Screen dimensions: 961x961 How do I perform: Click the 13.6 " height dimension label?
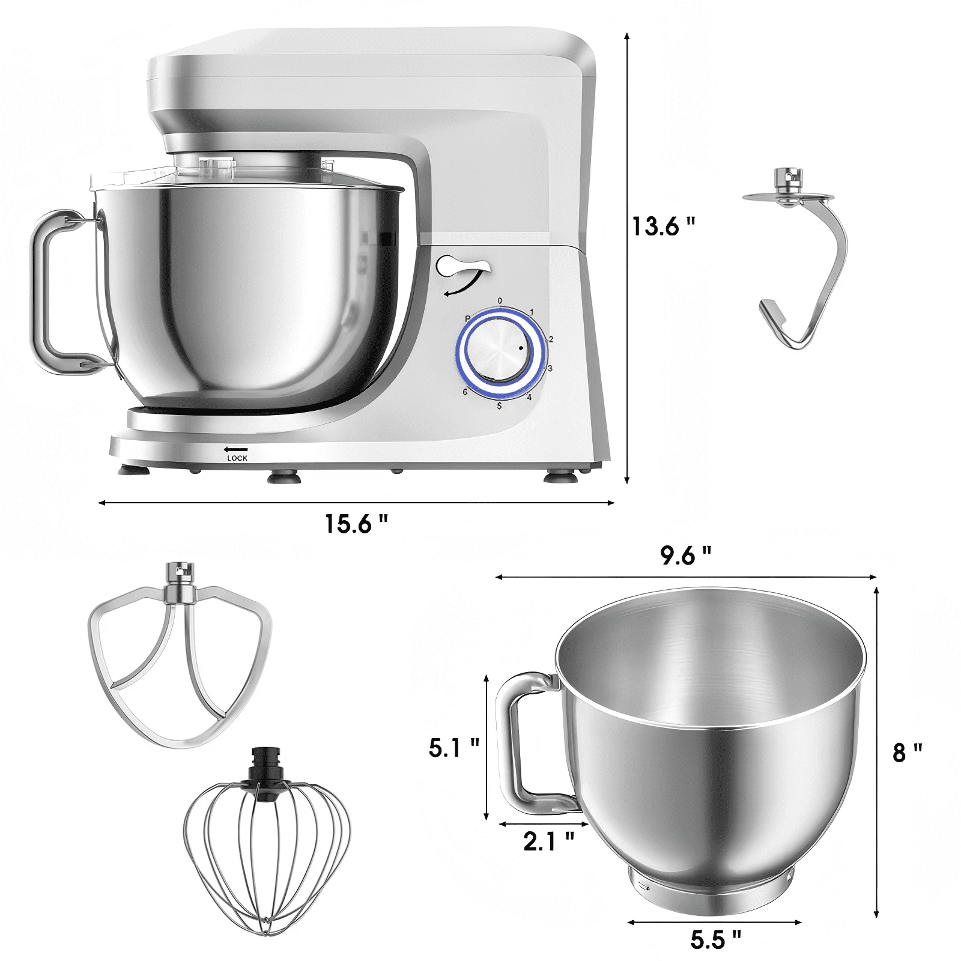pyautogui.click(x=663, y=226)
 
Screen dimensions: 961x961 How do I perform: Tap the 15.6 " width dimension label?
pyautogui.click(x=356, y=524)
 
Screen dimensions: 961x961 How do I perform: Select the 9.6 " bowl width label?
pyautogui.click(x=686, y=556)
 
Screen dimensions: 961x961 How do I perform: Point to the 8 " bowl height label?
pyautogui.click(x=908, y=752)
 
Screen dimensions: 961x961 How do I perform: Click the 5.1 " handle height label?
pyautogui.click(x=454, y=748)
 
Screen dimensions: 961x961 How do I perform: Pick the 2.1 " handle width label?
pyautogui.click(x=548, y=841)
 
